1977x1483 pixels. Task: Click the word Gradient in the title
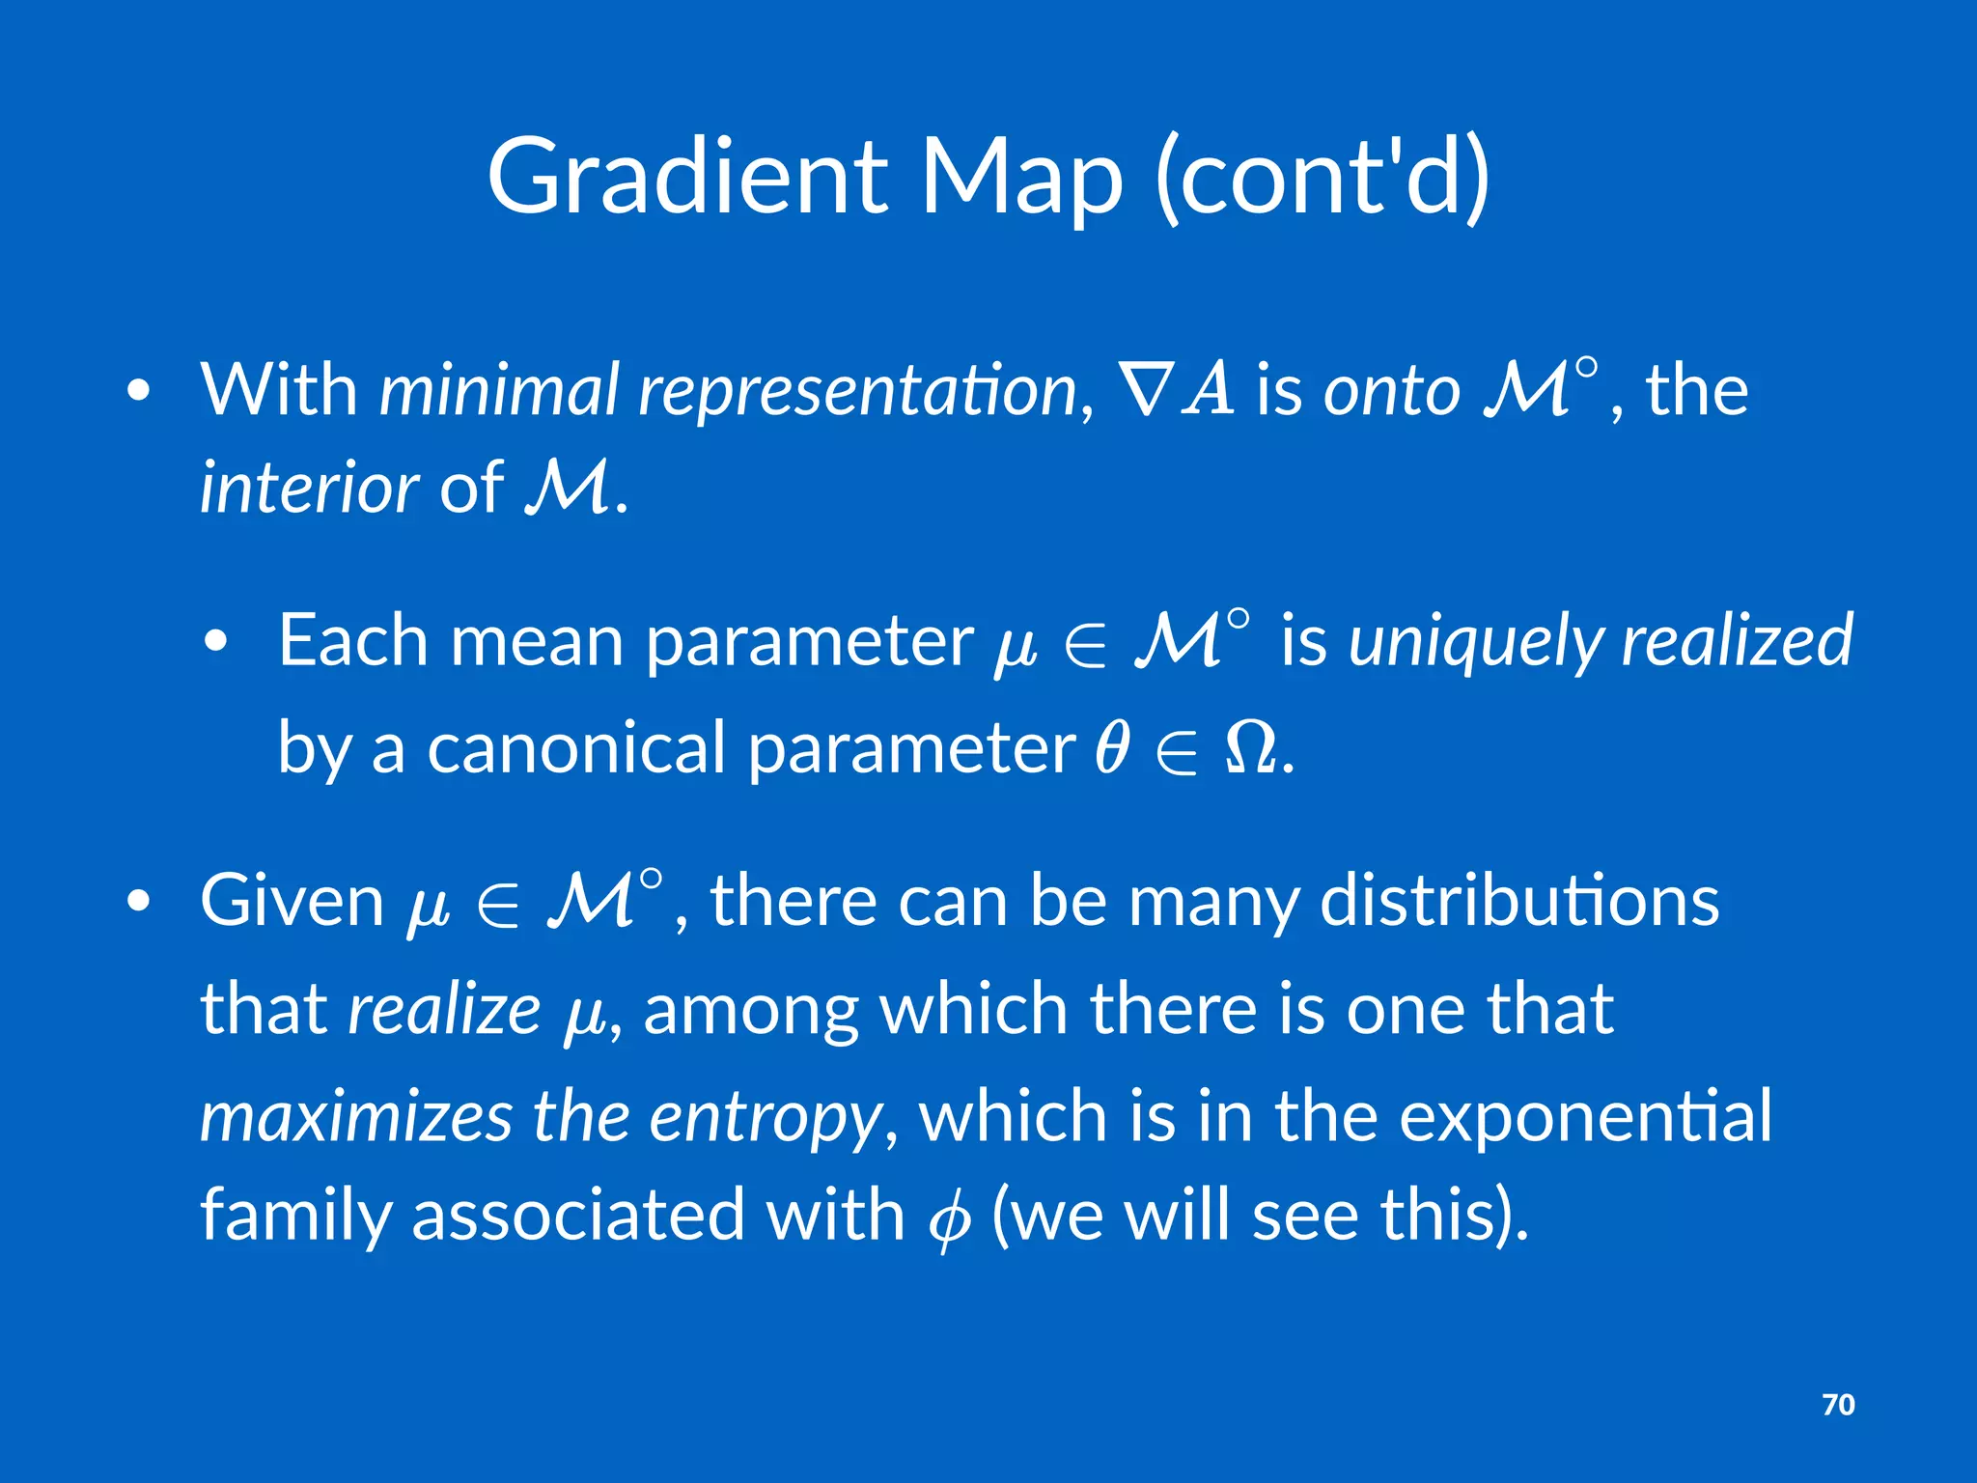pyautogui.click(x=686, y=176)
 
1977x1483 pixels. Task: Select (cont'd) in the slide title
pyautogui.click(x=1323, y=178)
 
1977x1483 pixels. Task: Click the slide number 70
pyautogui.click(x=1838, y=1404)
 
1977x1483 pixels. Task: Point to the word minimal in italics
pyautogui.click(x=498, y=389)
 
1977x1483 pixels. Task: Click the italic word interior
pyautogui.click(x=309, y=487)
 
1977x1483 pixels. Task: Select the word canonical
pyautogui.click(x=576, y=747)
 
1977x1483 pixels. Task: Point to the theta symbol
pyautogui.click(x=1112, y=747)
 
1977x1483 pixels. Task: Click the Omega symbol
pyautogui.click(x=1250, y=749)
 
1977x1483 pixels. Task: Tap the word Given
pyautogui.click(x=292, y=900)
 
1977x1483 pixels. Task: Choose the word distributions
pyautogui.click(x=1518, y=900)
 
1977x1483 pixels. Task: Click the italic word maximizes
pyautogui.click(x=355, y=1116)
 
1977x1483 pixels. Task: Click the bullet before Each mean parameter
pyautogui.click(x=217, y=641)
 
